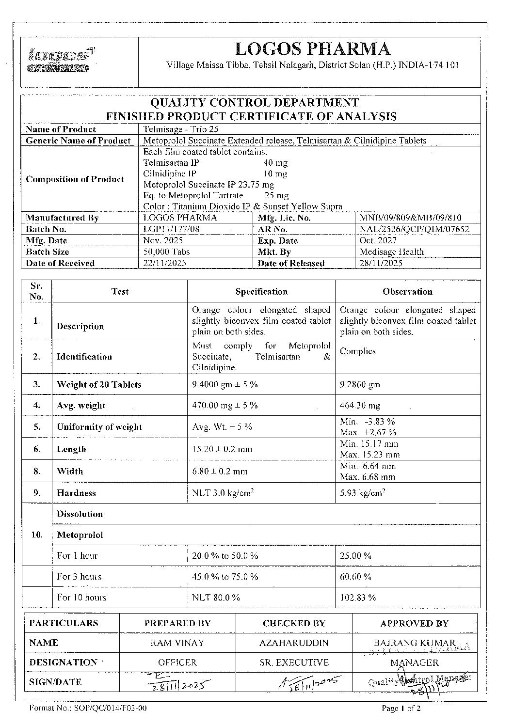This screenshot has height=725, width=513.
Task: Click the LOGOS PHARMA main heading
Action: coord(312,49)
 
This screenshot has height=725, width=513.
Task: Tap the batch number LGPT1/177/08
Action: coord(172,229)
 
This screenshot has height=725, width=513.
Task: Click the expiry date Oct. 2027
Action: coord(378,240)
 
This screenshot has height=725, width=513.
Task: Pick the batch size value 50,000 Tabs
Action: coord(167,252)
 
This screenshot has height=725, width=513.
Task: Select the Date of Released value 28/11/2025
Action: coord(381,263)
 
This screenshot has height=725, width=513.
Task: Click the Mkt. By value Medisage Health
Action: coord(391,252)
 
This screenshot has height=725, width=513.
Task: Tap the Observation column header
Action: coord(407,292)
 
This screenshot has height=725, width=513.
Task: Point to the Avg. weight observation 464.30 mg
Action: coord(360,406)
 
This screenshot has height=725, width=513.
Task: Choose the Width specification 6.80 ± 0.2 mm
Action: coord(220,471)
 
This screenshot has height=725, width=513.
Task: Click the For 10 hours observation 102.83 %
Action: coord(358,598)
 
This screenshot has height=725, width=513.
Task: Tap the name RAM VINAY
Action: coord(177,643)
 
